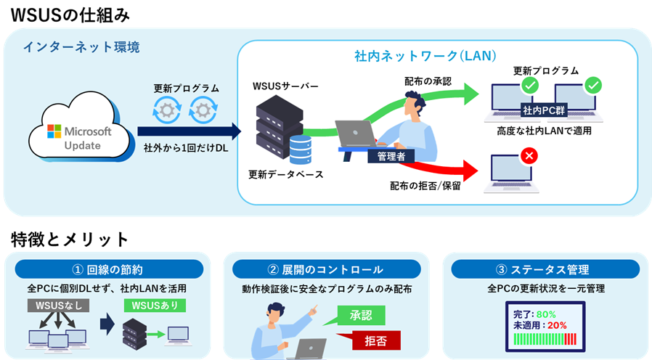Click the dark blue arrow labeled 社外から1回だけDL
[x=189, y=131]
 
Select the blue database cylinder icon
[x=300, y=149]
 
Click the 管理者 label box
[x=391, y=156]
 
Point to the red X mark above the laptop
[x=529, y=155]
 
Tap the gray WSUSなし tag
[x=57, y=306]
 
